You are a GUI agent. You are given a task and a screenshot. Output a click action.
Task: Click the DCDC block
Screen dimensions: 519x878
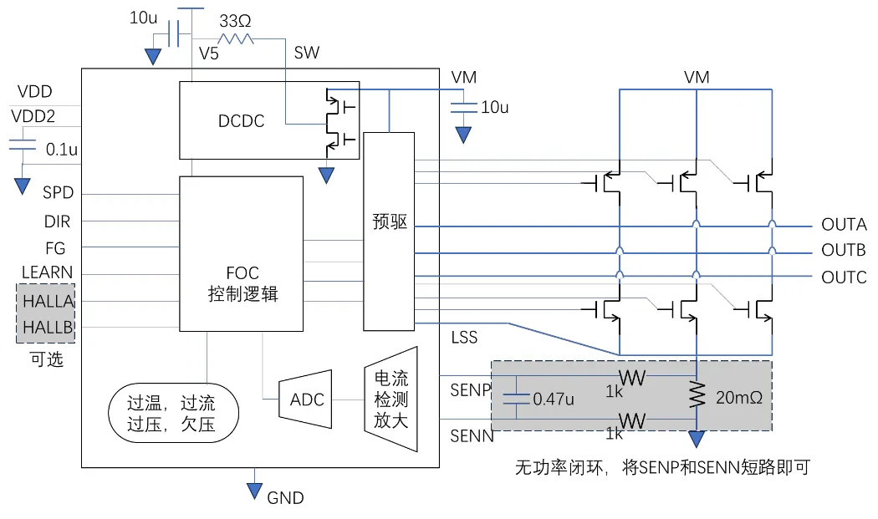pyautogui.click(x=242, y=121)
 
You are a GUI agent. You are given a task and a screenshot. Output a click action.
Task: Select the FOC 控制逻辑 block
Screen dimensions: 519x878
pyautogui.click(x=242, y=283)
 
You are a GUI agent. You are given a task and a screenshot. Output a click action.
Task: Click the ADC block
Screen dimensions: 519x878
pyautogui.click(x=306, y=399)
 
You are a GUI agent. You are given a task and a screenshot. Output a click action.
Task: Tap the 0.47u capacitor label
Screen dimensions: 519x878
pyautogui.click(x=553, y=399)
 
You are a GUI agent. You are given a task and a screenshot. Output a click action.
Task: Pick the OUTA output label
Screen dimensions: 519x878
pyautogui.click(x=843, y=225)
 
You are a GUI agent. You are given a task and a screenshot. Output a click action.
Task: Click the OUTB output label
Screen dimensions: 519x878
pyautogui.click(x=843, y=251)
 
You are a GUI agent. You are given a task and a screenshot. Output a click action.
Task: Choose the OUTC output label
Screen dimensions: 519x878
pyautogui.click(x=843, y=277)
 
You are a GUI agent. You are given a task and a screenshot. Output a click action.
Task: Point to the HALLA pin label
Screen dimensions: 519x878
pyautogui.click(x=48, y=301)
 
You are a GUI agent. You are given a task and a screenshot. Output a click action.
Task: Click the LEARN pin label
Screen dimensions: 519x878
pyautogui.click(x=47, y=272)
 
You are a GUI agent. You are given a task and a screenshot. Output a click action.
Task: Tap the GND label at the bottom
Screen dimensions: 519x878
pyautogui.click(x=285, y=498)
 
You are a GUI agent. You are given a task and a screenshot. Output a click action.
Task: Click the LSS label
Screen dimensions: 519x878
pyautogui.click(x=463, y=337)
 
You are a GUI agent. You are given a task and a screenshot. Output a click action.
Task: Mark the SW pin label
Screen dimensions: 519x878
pyautogui.click(x=306, y=53)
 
